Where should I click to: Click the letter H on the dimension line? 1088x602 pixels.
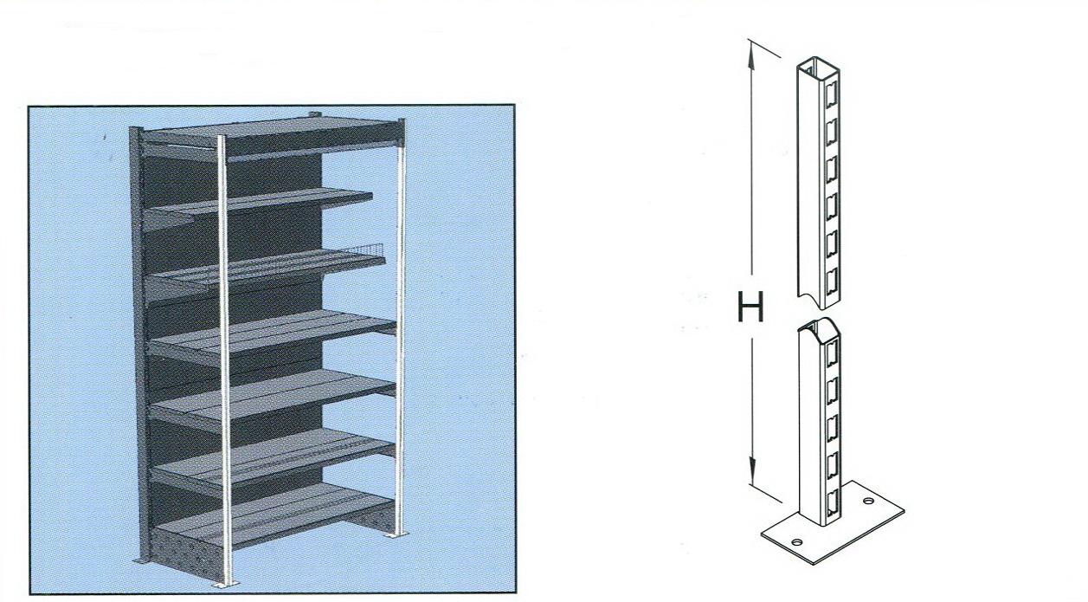pos(750,307)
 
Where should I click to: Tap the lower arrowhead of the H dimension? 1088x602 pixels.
pos(752,471)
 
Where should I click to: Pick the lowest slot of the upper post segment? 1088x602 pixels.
pos(831,278)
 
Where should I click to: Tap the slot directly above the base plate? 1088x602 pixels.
pos(832,502)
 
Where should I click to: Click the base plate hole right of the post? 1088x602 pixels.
pos(868,501)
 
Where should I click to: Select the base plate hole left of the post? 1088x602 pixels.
pos(797,542)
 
